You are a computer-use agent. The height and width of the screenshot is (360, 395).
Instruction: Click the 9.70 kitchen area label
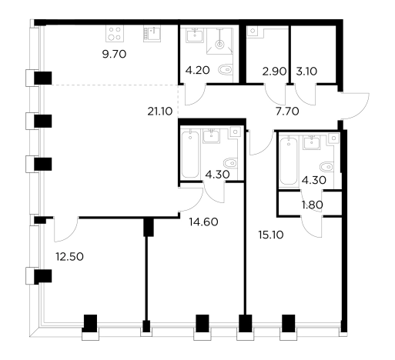pyautogui.click(x=114, y=55)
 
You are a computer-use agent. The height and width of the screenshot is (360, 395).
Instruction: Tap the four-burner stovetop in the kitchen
pyautogui.click(x=115, y=33)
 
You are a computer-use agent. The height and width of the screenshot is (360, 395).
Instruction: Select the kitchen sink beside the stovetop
pyautogui.click(x=152, y=33)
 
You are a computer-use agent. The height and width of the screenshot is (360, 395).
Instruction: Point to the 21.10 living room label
pyautogui.click(x=160, y=112)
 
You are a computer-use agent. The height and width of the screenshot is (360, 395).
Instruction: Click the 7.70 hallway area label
pyautogui.click(x=287, y=112)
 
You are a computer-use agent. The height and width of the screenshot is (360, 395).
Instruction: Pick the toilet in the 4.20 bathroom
pyautogui.click(x=226, y=69)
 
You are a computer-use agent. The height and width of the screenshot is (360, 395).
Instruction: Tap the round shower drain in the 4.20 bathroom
pyautogui.click(x=219, y=44)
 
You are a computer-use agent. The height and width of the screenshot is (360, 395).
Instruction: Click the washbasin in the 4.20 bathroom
pyautogui.click(x=195, y=35)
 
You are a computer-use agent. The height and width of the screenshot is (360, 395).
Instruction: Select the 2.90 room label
pyautogui.click(x=274, y=72)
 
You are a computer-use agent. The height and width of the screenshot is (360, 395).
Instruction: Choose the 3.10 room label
pyautogui.click(x=306, y=72)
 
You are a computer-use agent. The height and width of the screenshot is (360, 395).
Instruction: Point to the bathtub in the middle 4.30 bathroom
pyautogui.click(x=190, y=155)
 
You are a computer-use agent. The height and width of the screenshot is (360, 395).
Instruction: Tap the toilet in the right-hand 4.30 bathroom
pyautogui.click(x=326, y=167)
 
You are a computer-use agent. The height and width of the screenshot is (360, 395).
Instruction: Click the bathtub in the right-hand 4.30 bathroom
pyautogui.click(x=289, y=161)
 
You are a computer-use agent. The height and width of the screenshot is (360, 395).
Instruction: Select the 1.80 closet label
pyautogui.click(x=313, y=205)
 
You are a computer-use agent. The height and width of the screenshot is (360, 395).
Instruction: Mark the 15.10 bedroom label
pyautogui.click(x=271, y=235)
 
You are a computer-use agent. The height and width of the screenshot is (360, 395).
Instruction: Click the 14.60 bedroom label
pyautogui.click(x=204, y=222)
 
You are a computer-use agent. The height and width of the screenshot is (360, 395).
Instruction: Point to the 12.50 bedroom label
pyautogui.click(x=70, y=257)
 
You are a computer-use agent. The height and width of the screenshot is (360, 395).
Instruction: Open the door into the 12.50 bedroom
pyautogui.click(x=66, y=229)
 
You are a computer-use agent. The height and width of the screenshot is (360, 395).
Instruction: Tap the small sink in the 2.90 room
pyautogui.click(x=253, y=32)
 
